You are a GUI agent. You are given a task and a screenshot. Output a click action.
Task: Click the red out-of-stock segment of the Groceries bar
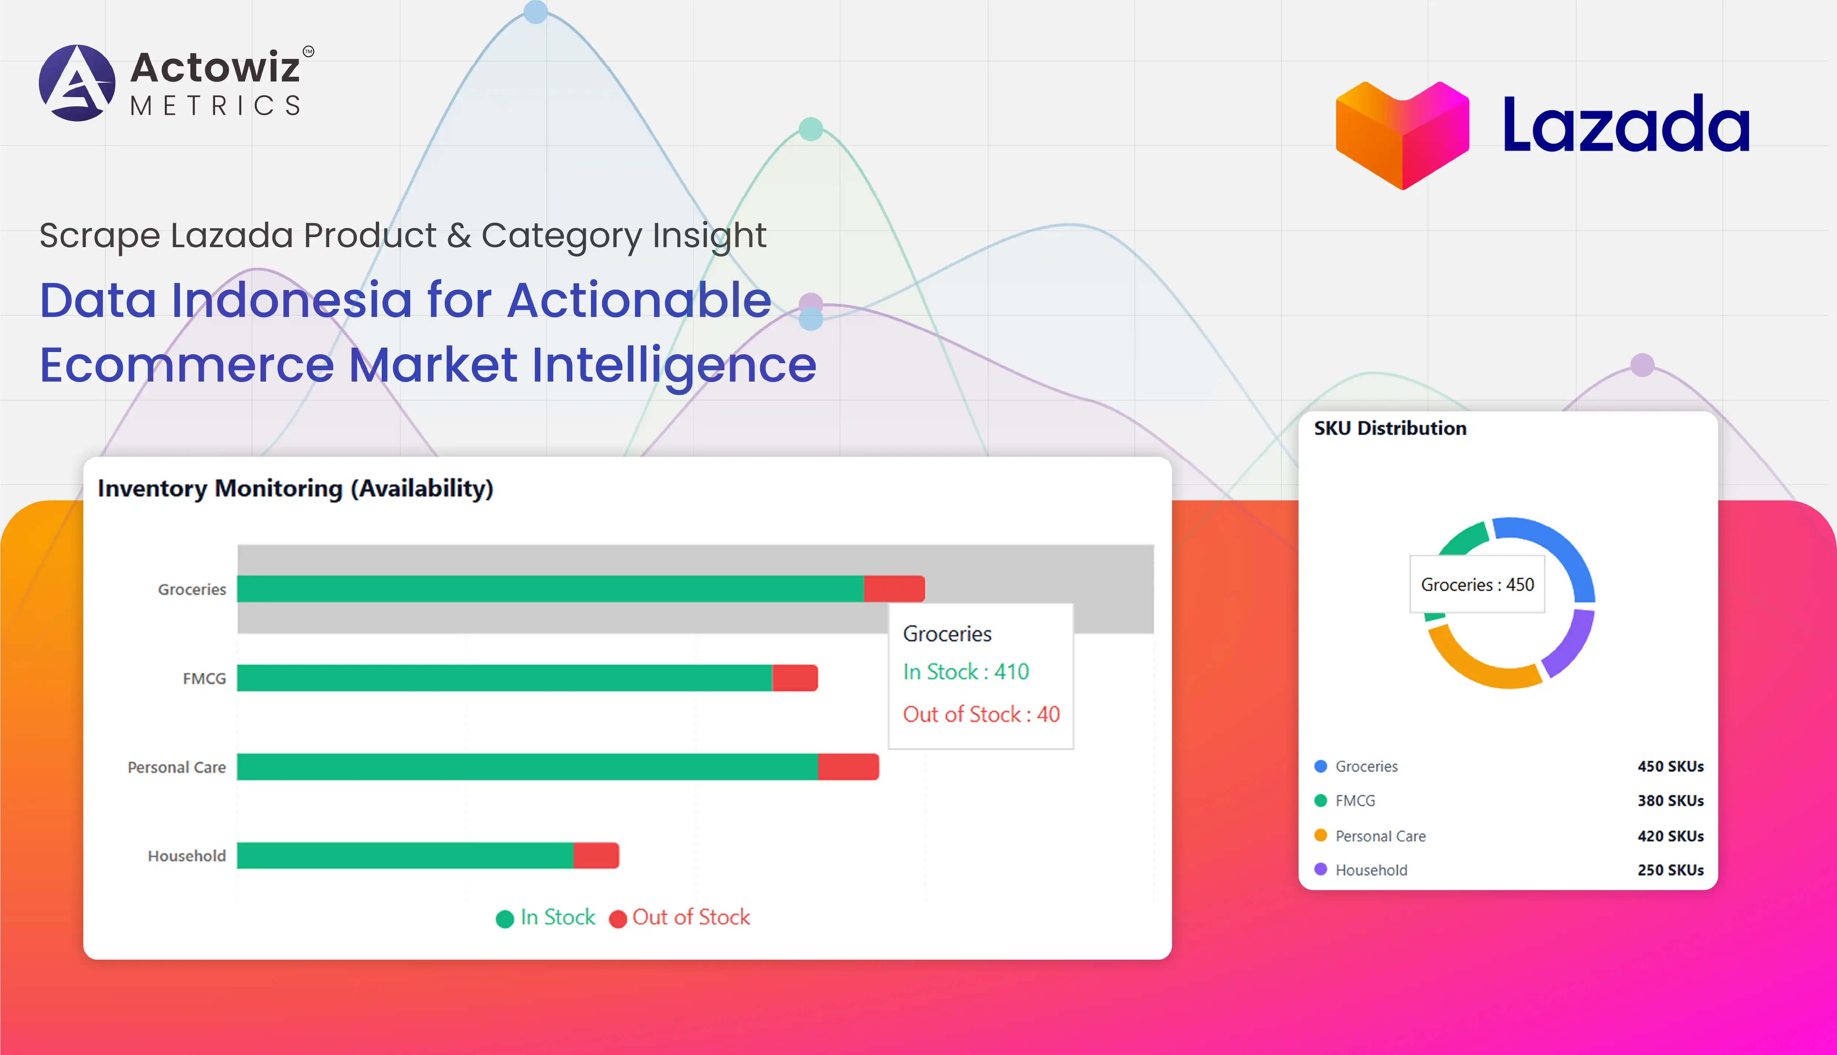[x=894, y=588]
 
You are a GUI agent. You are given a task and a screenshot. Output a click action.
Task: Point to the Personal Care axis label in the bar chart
[x=176, y=767]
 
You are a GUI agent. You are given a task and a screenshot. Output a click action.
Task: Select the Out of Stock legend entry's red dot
[x=618, y=919]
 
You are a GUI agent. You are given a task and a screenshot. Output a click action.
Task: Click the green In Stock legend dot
[x=504, y=919]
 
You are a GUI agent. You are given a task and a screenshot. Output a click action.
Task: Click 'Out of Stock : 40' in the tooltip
[x=980, y=714]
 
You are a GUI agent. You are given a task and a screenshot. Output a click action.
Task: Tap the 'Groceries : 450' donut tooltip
[x=1477, y=585]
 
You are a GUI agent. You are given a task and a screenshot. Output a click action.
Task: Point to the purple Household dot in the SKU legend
[x=1320, y=870]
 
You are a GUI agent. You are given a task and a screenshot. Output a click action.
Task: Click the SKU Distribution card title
[x=1390, y=428]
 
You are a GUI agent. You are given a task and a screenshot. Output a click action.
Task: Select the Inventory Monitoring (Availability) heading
[x=295, y=488]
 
